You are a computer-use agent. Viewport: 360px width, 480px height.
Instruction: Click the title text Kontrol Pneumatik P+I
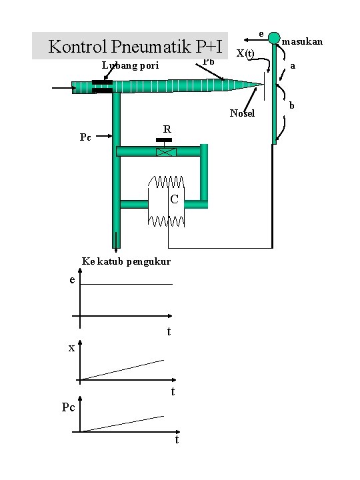135,46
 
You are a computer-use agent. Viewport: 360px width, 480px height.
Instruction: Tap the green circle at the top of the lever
274,38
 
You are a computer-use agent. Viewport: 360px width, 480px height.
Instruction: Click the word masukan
302,41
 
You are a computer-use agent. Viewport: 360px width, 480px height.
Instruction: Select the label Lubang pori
131,65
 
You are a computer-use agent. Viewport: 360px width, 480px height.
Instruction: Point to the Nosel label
242,113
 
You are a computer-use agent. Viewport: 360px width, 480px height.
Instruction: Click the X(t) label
245,53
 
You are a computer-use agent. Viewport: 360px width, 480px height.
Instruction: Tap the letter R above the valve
167,129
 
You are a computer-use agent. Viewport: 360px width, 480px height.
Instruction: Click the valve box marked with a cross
166,151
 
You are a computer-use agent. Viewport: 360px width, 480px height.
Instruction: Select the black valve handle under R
164,140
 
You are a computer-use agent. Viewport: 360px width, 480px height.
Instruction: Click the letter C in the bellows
174,199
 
